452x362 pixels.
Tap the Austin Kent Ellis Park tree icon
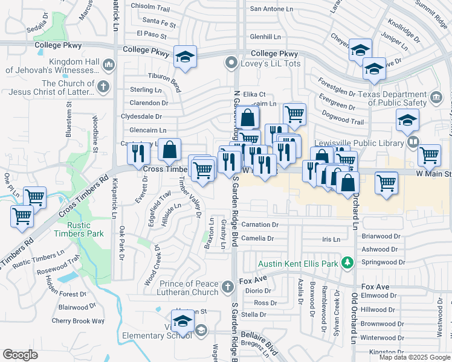(x=347, y=262)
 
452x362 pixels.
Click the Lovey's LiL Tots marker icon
(x=230, y=62)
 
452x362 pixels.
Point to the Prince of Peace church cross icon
(x=227, y=287)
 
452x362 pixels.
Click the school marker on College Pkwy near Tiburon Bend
(x=185, y=57)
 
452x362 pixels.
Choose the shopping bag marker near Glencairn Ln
(x=170, y=150)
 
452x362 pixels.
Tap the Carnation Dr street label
(x=259, y=224)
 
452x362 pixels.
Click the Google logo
(x=21, y=355)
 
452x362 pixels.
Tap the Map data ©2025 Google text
(x=414, y=357)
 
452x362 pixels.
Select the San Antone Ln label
(x=271, y=8)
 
